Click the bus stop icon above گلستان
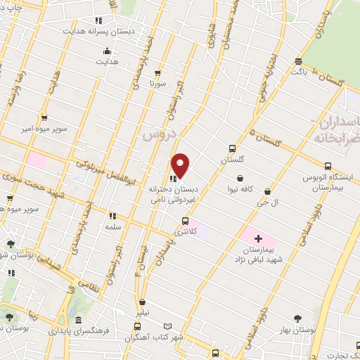(232, 148)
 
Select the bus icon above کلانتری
(185, 221)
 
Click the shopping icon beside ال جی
(266, 191)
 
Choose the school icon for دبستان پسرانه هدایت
(98, 20)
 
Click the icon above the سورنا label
(157, 72)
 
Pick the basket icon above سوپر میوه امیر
(44, 117)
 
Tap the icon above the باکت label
(300, 61)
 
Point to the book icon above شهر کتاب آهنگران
(167, 326)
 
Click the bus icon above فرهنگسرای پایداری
(137, 326)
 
